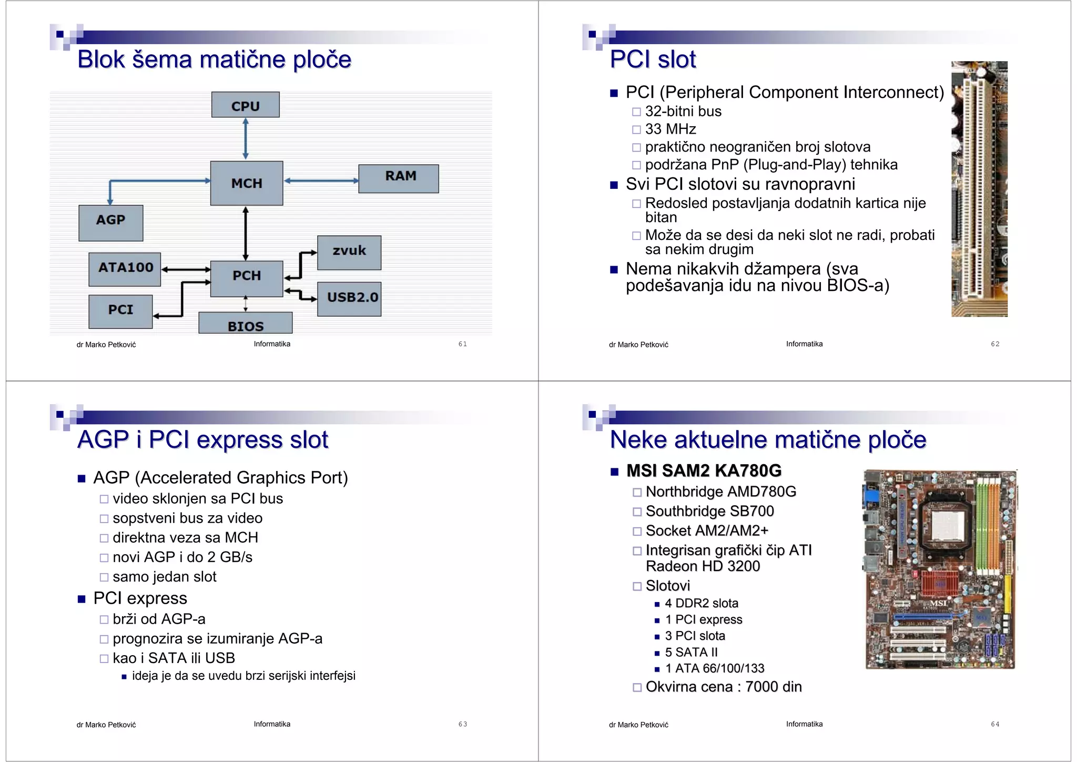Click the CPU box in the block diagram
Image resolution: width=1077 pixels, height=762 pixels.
(x=245, y=105)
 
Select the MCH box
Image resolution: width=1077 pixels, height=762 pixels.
(x=246, y=183)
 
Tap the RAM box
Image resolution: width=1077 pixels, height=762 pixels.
(x=399, y=178)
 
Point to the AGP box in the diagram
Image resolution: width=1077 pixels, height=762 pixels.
(x=110, y=223)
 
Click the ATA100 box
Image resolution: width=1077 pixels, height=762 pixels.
(x=125, y=269)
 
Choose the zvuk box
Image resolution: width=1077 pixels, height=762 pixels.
(x=349, y=253)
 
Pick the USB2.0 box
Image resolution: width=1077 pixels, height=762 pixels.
(x=349, y=298)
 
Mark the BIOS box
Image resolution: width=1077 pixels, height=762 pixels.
(x=245, y=324)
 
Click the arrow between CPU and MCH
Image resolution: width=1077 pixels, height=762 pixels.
(x=246, y=139)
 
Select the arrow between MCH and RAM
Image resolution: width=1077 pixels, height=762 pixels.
(x=321, y=181)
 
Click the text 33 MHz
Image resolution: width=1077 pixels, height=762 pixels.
(x=670, y=129)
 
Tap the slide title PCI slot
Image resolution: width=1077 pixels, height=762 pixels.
(x=653, y=59)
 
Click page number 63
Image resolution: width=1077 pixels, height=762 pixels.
(x=462, y=724)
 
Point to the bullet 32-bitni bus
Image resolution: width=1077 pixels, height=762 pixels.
(x=683, y=111)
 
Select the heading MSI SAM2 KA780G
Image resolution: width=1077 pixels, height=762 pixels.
(x=704, y=470)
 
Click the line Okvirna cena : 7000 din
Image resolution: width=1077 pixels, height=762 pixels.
(x=724, y=687)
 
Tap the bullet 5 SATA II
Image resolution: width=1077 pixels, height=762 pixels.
(x=691, y=652)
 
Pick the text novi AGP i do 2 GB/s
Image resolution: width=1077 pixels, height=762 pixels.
(x=182, y=557)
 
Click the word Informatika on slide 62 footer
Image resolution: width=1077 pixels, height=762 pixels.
(x=804, y=344)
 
